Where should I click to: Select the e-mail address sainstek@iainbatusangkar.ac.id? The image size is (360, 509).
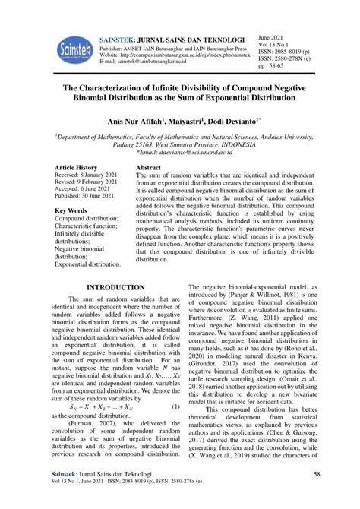(x=156, y=62)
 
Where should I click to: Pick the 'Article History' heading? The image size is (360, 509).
(x=77, y=167)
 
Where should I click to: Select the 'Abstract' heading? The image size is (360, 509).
(x=148, y=167)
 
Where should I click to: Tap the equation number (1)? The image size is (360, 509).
(x=175, y=406)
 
